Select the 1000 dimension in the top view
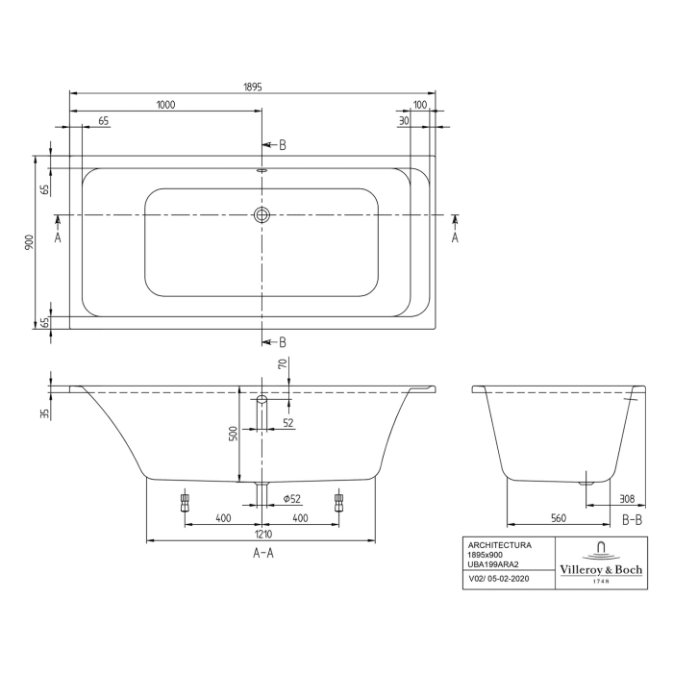pos(165,106)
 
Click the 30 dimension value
pos(405,120)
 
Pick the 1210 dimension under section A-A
pos(262,533)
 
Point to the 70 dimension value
pos(282,365)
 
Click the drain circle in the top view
pos(262,215)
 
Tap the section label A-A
pos(263,553)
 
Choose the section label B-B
pos(632,519)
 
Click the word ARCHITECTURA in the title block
pos(498,545)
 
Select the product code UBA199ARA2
pos(492,564)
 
